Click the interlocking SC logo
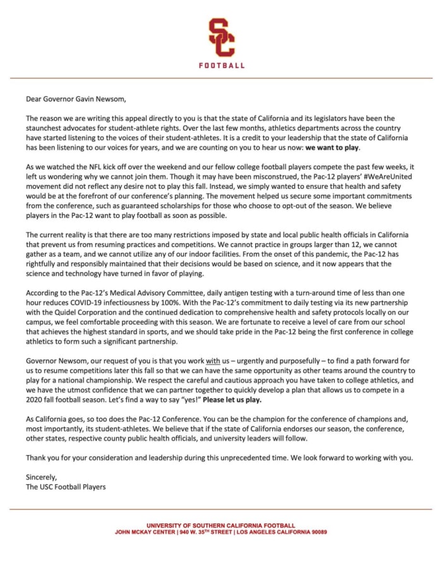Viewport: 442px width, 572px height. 221,37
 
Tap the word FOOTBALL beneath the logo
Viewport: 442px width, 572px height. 221,65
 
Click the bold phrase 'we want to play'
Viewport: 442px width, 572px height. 332,147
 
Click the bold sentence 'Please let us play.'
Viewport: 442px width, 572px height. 232,400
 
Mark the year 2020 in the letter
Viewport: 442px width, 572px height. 36,400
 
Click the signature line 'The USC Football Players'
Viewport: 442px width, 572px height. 66,487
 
